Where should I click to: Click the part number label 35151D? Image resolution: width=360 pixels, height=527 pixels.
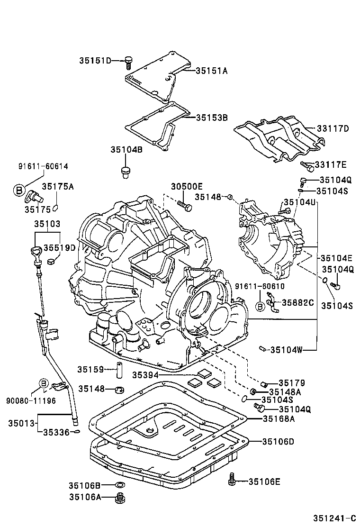pyautogui.click(x=95, y=61)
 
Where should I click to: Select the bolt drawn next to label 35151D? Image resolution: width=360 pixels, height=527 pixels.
pyautogui.click(x=128, y=62)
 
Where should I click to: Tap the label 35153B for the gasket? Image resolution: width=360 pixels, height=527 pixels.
pyautogui.click(x=212, y=117)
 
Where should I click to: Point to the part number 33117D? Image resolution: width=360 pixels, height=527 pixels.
pyautogui.click(x=333, y=128)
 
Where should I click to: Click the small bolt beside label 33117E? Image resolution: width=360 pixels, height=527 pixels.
pyautogui.click(x=307, y=166)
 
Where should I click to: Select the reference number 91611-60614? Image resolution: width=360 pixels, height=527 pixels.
pyautogui.click(x=43, y=166)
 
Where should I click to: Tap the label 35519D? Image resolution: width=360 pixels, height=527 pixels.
pyautogui.click(x=60, y=248)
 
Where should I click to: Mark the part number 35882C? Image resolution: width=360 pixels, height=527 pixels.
pyautogui.click(x=298, y=302)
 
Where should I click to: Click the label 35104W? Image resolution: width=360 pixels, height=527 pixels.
pyautogui.click(x=286, y=350)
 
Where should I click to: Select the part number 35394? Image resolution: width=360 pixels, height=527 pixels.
pyautogui.click(x=145, y=375)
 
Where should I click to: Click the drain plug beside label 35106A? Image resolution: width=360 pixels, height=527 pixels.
pyautogui.click(x=120, y=498)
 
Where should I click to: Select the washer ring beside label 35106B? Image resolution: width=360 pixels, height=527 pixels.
pyautogui.click(x=120, y=485)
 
